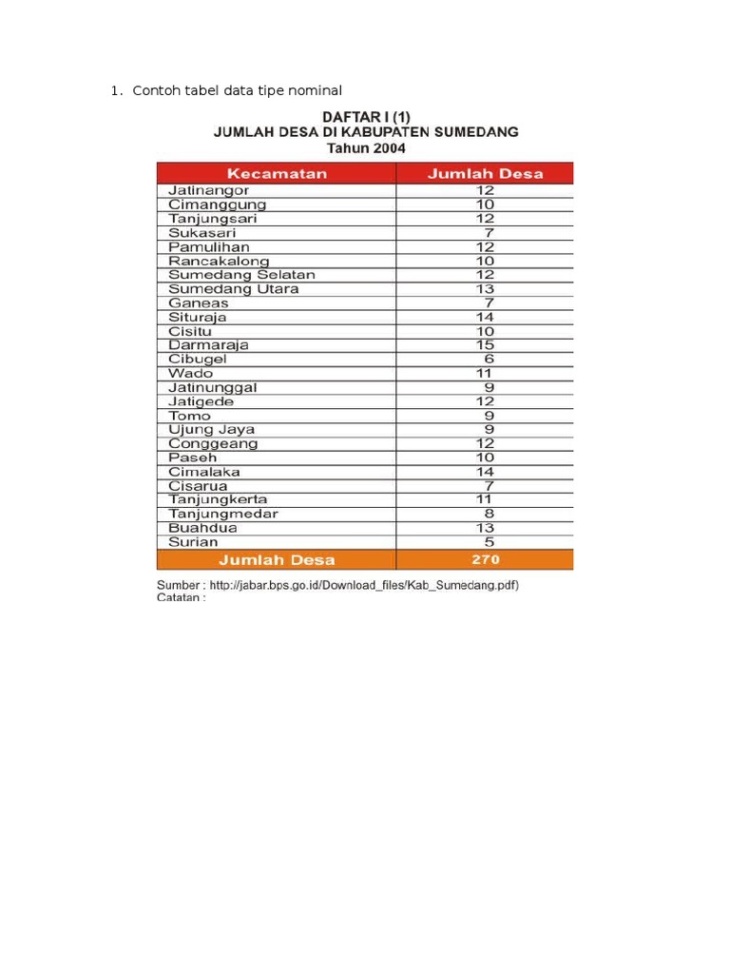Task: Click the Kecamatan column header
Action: click(276, 173)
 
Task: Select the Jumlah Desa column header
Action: click(485, 173)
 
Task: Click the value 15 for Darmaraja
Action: click(486, 345)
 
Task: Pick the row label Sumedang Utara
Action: click(233, 289)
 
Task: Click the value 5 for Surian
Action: click(486, 542)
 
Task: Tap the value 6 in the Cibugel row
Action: click(486, 360)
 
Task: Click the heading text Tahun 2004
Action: click(365, 148)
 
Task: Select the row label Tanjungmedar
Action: click(223, 514)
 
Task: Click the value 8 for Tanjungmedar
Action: click(486, 514)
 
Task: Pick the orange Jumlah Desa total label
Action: click(277, 559)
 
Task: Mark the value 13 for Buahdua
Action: click(486, 528)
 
